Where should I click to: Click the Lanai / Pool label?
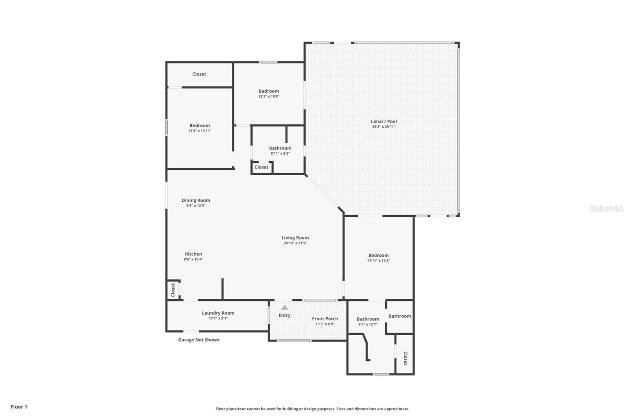click(x=384, y=121)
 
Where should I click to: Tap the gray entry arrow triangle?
click(x=284, y=307)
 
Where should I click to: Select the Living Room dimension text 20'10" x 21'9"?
click(x=295, y=243)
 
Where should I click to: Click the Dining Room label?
click(x=196, y=200)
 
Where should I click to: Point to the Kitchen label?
click(x=193, y=254)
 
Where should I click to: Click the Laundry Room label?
click(x=218, y=313)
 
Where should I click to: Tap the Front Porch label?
click(x=325, y=319)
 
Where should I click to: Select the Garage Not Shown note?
click(x=199, y=340)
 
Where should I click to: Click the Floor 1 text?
click(x=19, y=407)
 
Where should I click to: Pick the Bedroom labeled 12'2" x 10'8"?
click(x=269, y=91)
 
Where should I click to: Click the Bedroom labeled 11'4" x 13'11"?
click(x=200, y=126)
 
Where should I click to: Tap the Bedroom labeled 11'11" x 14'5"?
click(x=378, y=255)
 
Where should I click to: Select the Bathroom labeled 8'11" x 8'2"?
click(x=280, y=148)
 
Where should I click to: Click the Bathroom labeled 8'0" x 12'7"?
click(x=368, y=319)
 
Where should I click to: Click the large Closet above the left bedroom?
click(x=199, y=74)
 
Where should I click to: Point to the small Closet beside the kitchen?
click(x=173, y=290)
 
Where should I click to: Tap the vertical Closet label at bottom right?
click(x=405, y=358)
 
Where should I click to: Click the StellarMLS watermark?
click(x=606, y=208)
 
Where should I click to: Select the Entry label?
click(x=284, y=315)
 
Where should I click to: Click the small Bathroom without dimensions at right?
click(x=400, y=316)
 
